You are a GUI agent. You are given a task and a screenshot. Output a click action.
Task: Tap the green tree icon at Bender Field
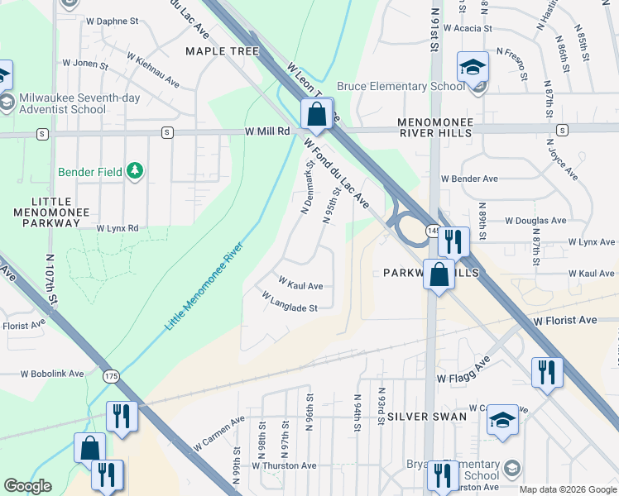pyautogui.click(x=135, y=171)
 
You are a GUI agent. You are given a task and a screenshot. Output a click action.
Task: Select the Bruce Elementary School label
pyautogui.click(x=401, y=86)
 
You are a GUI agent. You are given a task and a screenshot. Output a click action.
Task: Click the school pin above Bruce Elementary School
pyautogui.click(x=473, y=67)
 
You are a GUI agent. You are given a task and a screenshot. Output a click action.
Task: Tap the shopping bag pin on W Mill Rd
pyautogui.click(x=316, y=115)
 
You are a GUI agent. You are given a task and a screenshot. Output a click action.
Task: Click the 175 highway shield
pyautogui.click(x=111, y=376)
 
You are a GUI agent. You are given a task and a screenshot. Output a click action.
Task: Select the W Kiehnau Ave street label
pyautogui.click(x=153, y=69)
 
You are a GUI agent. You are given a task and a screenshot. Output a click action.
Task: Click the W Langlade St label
pyautogui.click(x=290, y=302)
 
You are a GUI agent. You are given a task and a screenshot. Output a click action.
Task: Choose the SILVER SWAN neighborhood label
pyautogui.click(x=427, y=417)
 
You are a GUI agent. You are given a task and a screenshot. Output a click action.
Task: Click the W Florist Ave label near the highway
pyautogui.click(x=565, y=320)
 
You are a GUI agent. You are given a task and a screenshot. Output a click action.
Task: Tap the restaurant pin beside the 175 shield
pyautogui.click(x=122, y=416)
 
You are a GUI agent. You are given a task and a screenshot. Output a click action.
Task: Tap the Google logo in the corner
pyautogui.click(x=28, y=486)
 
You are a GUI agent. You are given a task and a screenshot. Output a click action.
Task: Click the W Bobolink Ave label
pyautogui.click(x=53, y=374)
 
